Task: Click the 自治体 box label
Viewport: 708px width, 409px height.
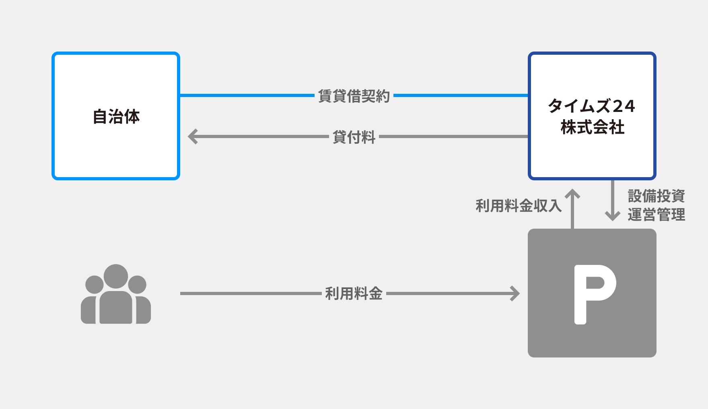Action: (x=116, y=117)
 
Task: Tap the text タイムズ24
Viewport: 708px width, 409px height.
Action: (x=591, y=106)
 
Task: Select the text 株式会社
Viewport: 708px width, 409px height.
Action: (x=592, y=127)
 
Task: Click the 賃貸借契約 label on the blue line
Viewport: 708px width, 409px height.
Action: (x=354, y=96)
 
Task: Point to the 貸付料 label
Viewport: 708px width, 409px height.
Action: (x=354, y=137)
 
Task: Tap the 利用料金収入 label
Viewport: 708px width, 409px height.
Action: (x=518, y=206)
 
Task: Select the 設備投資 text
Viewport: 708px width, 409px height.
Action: (x=656, y=196)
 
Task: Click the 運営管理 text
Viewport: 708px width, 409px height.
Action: (x=656, y=215)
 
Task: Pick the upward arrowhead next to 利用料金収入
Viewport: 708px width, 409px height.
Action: (x=572, y=194)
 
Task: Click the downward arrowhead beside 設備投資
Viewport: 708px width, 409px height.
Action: (x=612, y=216)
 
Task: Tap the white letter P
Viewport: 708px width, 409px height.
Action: (x=594, y=294)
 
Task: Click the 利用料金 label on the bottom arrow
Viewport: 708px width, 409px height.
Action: (x=354, y=293)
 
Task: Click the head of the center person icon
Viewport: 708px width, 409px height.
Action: (x=116, y=276)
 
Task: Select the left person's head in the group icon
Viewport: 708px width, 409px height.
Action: (x=95, y=285)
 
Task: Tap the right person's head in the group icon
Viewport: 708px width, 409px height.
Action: (x=137, y=285)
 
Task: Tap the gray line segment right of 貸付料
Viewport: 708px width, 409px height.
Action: (x=453, y=136)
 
